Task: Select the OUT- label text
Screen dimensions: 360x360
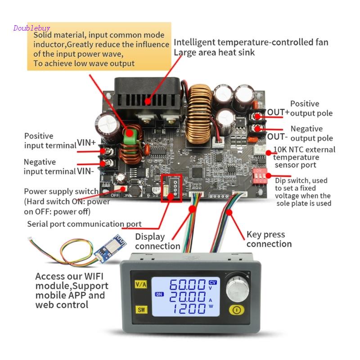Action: (276, 136)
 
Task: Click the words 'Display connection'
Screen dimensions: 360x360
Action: (157, 241)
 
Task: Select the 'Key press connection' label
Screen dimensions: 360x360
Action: (269, 239)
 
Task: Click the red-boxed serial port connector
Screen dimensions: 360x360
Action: (171, 185)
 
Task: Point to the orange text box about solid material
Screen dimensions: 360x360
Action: (99, 46)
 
